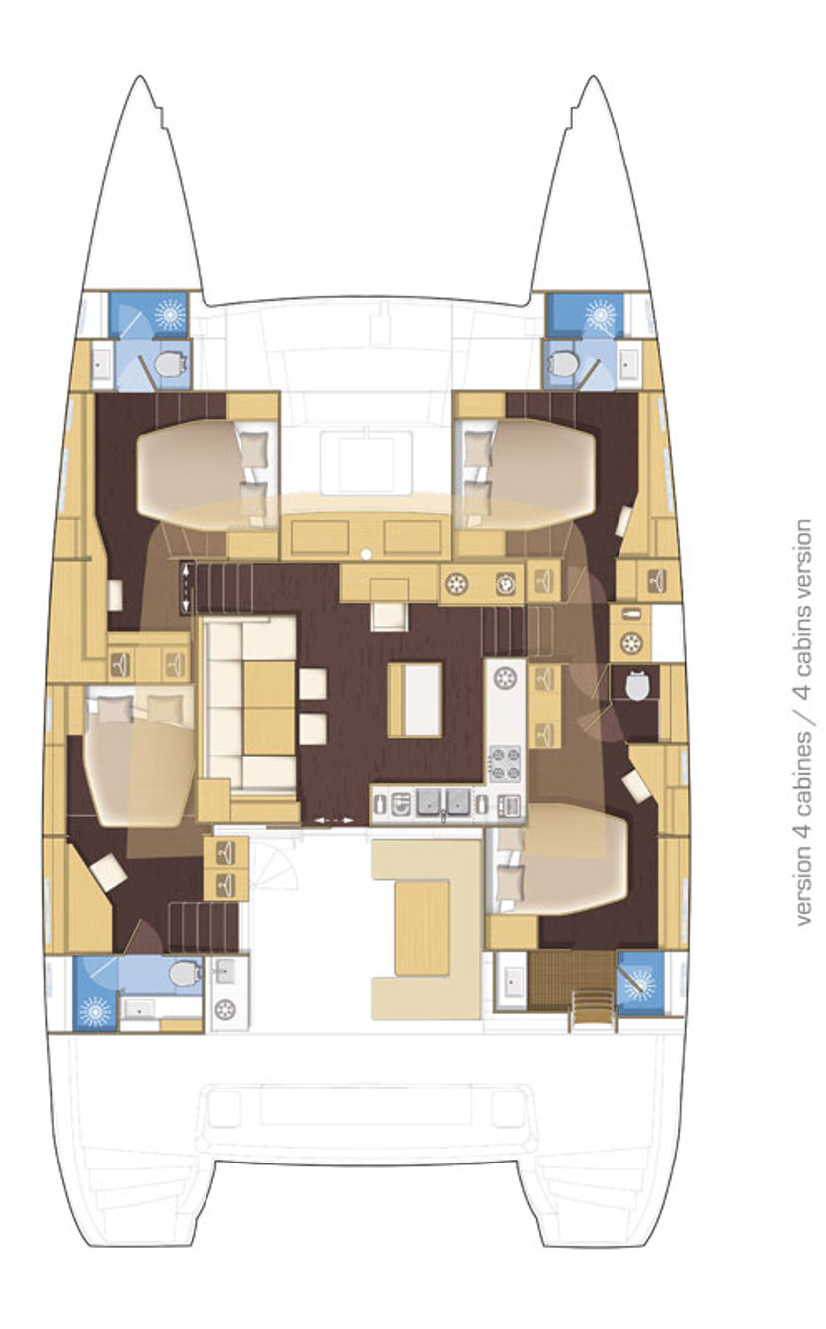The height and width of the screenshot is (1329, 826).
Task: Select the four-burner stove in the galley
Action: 505,764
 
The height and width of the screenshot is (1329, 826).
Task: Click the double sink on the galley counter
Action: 442,801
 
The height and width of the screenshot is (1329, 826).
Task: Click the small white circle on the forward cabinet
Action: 366,554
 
